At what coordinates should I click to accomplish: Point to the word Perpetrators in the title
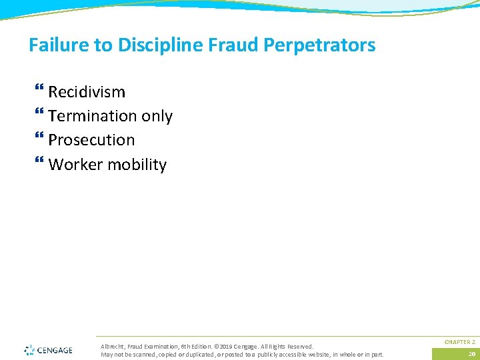(x=320, y=45)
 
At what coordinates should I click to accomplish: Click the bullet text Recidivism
(x=87, y=91)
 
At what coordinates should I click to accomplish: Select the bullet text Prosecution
(x=91, y=140)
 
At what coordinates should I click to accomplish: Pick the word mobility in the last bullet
(x=136, y=165)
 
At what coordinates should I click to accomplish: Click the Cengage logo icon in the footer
(x=29, y=350)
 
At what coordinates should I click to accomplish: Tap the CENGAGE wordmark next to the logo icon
(x=55, y=350)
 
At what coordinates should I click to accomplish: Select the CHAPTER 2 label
(x=459, y=342)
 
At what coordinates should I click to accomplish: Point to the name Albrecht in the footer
(x=111, y=347)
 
